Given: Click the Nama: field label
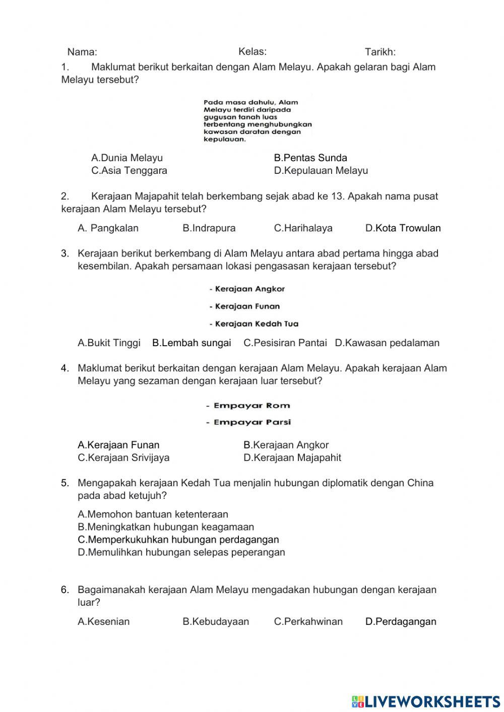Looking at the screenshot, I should pyautogui.click(x=82, y=52).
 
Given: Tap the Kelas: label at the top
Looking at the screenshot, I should pyautogui.click(x=252, y=51).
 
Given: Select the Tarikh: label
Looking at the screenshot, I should pyautogui.click(x=380, y=52).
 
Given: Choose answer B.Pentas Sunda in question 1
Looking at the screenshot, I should pyautogui.click(x=310, y=158).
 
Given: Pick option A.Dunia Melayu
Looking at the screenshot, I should pyautogui.click(x=127, y=158).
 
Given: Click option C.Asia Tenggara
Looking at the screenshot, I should pyautogui.click(x=129, y=170).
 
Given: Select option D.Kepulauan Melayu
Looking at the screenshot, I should pyautogui.click(x=321, y=170).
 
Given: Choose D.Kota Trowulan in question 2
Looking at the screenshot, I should pyautogui.click(x=403, y=228).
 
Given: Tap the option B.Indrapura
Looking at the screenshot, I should pyautogui.click(x=209, y=228).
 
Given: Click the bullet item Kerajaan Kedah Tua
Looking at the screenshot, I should pyautogui.click(x=254, y=324).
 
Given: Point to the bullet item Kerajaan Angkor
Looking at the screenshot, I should pyautogui.click(x=247, y=289).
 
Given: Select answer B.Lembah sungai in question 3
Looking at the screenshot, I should pyautogui.click(x=192, y=343).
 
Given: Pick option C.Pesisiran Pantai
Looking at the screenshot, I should pyautogui.click(x=285, y=343).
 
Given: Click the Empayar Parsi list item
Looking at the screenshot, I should pyautogui.click(x=248, y=422).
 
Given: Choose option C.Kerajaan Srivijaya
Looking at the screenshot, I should pyautogui.click(x=123, y=458).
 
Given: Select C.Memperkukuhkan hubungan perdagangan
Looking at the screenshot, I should pyautogui.click(x=178, y=539).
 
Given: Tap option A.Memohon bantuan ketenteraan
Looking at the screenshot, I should pyautogui.click(x=153, y=514).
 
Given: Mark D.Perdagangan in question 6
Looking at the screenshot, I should pyautogui.click(x=401, y=621).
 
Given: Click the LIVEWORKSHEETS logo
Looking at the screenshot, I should pyautogui.click(x=425, y=701).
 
